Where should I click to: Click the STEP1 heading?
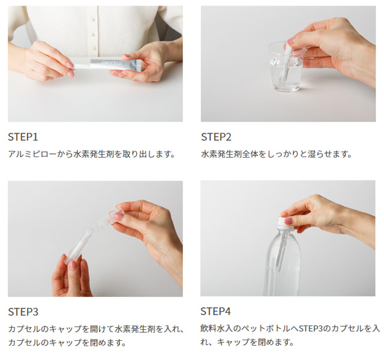(x=23, y=136)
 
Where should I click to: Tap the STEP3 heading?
(x=23, y=311)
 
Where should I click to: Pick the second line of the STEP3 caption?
(x=67, y=343)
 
